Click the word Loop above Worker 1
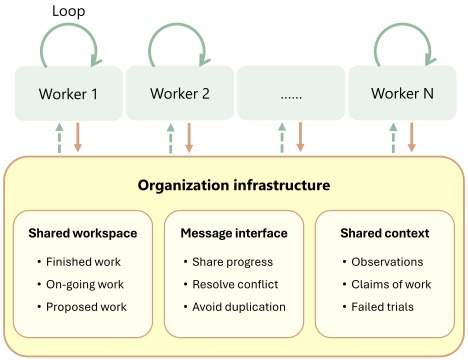[68, 12]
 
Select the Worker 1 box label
[68, 94]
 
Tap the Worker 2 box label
[180, 93]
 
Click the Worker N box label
[402, 93]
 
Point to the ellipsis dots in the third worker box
[291, 97]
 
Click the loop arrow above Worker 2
[178, 23]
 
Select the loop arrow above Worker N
[404, 23]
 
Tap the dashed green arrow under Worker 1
[59, 138]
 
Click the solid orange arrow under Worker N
[411, 137]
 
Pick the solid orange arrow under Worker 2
[189, 137]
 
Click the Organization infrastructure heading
[234, 185]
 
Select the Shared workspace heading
[83, 233]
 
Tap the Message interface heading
[234, 233]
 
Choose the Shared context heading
[385, 233]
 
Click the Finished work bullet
[79, 262]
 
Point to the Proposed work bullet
[82, 307]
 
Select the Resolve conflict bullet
[231, 284]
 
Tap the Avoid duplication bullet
[235, 307]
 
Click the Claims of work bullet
[387, 284]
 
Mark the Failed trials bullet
[378, 307]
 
